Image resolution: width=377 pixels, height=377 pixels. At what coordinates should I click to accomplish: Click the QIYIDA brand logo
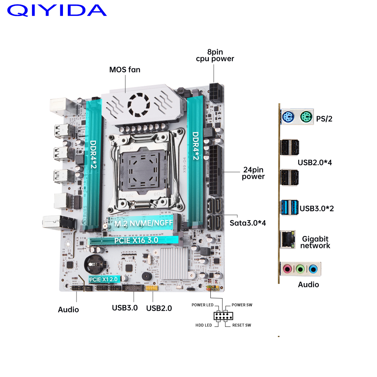pyautogui.click(x=57, y=11)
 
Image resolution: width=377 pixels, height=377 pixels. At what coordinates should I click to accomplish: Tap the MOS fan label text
pyautogui.click(x=125, y=70)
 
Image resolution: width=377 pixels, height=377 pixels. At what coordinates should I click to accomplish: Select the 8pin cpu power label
pyautogui.click(x=215, y=55)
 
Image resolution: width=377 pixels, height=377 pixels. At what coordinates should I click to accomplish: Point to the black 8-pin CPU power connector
pyautogui.click(x=216, y=93)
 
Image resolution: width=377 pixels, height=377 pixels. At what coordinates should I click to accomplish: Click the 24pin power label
pyautogui.click(x=253, y=173)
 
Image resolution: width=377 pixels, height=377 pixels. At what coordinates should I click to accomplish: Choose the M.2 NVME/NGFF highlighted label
pyautogui.click(x=144, y=223)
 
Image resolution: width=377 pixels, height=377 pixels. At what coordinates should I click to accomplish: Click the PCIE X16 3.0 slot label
pyautogui.click(x=136, y=240)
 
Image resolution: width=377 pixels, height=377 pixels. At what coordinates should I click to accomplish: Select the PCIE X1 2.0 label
pyautogui.click(x=103, y=279)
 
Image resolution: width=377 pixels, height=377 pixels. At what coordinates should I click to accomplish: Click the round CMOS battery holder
pyautogui.click(x=95, y=264)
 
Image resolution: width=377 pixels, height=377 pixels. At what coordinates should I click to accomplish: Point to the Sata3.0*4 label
pyautogui.click(x=248, y=223)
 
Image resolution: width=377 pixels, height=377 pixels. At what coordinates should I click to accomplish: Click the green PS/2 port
pyautogui.click(x=306, y=117)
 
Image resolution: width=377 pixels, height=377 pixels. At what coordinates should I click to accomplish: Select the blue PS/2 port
pyautogui.click(x=288, y=117)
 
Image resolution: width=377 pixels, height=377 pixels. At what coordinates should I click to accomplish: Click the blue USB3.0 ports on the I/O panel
pyautogui.click(x=290, y=207)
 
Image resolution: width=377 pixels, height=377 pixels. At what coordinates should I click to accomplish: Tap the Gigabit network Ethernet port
pyautogui.click(x=288, y=239)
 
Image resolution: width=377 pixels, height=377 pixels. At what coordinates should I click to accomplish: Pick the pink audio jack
pyautogui.click(x=287, y=269)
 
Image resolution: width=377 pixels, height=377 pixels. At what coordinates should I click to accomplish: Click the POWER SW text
pyautogui.click(x=242, y=305)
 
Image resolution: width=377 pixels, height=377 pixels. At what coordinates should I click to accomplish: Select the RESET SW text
pyautogui.click(x=242, y=325)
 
